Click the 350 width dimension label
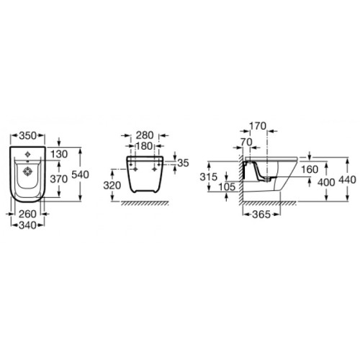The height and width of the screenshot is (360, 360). pos(27,136)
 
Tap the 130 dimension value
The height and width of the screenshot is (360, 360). pos(59,154)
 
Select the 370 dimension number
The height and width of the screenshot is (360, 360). pos(59,179)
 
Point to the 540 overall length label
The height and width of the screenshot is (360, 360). pos(81,174)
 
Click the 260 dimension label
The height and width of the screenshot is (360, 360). pos(27,214)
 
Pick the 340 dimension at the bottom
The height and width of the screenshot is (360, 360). pos(27,225)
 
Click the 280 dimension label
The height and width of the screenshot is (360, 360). pos(145,135)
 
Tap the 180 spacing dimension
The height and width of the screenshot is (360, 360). pos(145,146)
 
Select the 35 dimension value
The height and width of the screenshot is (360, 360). pos(184,163)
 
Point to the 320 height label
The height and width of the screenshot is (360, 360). pos(112,185)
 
